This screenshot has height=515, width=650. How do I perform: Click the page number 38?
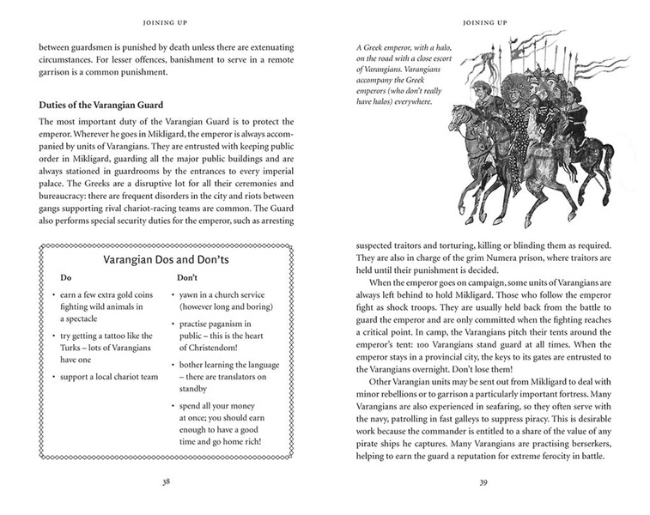[x=166, y=482]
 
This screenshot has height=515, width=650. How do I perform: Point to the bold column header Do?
[x=66, y=278]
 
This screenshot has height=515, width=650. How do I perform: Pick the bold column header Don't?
[x=187, y=278]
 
